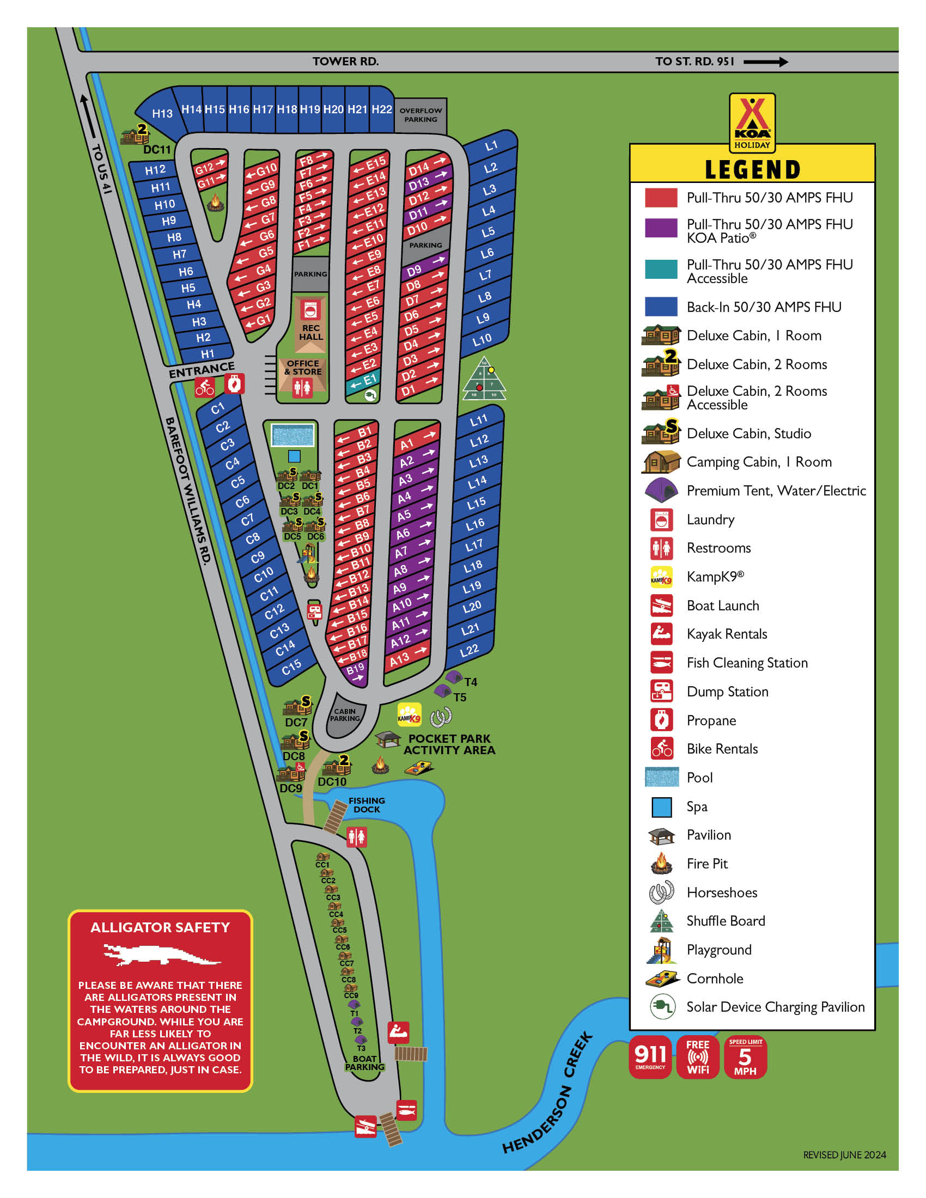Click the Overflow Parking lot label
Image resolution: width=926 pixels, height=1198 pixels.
pos(420,115)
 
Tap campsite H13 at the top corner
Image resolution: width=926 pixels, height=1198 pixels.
pos(162,114)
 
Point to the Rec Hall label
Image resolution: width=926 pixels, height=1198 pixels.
pos(310,332)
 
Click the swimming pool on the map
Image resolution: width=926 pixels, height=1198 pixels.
pos(293,436)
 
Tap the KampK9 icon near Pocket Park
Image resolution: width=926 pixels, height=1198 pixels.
pos(409,714)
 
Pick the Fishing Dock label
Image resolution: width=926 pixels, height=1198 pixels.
pos(367,805)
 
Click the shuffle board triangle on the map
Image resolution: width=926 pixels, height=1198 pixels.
pos(484,380)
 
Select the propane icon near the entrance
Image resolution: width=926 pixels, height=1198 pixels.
pos(234,384)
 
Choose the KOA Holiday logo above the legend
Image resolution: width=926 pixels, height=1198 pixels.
pos(752,122)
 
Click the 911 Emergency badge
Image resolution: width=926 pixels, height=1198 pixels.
pos(650,1056)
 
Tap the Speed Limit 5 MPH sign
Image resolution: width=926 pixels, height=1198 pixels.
pos(745,1056)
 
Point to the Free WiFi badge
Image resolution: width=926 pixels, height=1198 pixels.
pos(698,1056)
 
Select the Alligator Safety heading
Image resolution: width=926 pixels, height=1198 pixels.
pos(160,927)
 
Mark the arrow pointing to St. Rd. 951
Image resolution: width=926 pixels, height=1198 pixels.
pos(765,62)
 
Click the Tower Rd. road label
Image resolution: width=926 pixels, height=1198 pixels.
pos(345,62)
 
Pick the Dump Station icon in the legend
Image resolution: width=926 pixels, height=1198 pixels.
pos(661,691)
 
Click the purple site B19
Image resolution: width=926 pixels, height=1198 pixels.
pos(356,670)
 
